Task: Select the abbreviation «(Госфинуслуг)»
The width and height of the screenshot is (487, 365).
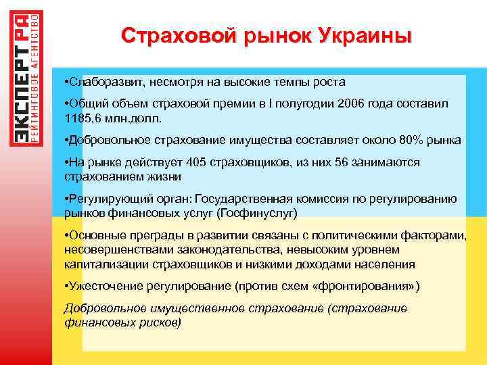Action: (x=258, y=212)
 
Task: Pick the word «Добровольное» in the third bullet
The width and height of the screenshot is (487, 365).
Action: (x=103, y=140)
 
